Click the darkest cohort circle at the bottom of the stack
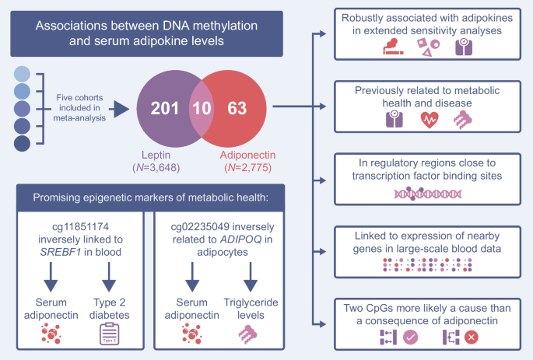coord(22,143)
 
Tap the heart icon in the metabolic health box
coord(430,119)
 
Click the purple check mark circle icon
coord(410,338)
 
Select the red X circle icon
coord(471,338)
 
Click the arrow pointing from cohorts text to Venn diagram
coord(117,107)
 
